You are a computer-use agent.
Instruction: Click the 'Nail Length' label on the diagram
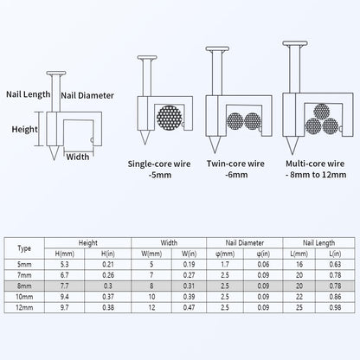29,94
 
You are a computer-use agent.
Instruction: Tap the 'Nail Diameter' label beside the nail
87,95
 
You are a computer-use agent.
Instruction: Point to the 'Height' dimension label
24,129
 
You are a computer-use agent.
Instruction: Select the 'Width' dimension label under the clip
78,157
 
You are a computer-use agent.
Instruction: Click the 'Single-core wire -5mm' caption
159,170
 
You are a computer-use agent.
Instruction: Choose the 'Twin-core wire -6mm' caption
235,169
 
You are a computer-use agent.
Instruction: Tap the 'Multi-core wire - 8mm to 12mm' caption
316,169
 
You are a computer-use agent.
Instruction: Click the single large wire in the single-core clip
170,118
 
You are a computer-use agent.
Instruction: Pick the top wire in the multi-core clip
322,112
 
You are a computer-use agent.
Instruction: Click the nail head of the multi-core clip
295,43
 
